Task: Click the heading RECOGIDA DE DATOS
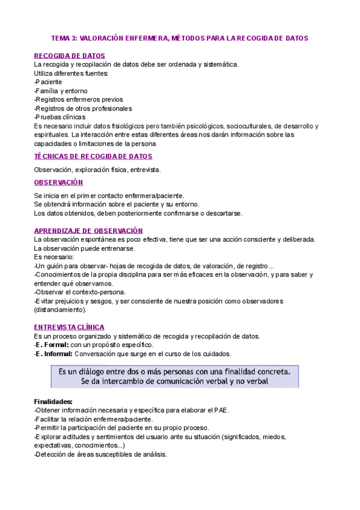tap(70, 56)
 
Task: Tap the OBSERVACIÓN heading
tap(59, 183)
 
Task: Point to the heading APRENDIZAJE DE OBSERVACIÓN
tap(89, 231)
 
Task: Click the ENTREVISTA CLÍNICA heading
tap(69, 327)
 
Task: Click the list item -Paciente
tap(48, 82)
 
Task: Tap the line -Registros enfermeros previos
tap(79, 100)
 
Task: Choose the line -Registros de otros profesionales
tap(84, 109)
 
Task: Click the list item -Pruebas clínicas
tap(60, 117)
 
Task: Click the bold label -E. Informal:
tap(53, 354)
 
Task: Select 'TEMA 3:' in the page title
tap(64, 38)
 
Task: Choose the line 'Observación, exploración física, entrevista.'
tap(97, 170)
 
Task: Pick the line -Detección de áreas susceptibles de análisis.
tap(100, 455)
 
